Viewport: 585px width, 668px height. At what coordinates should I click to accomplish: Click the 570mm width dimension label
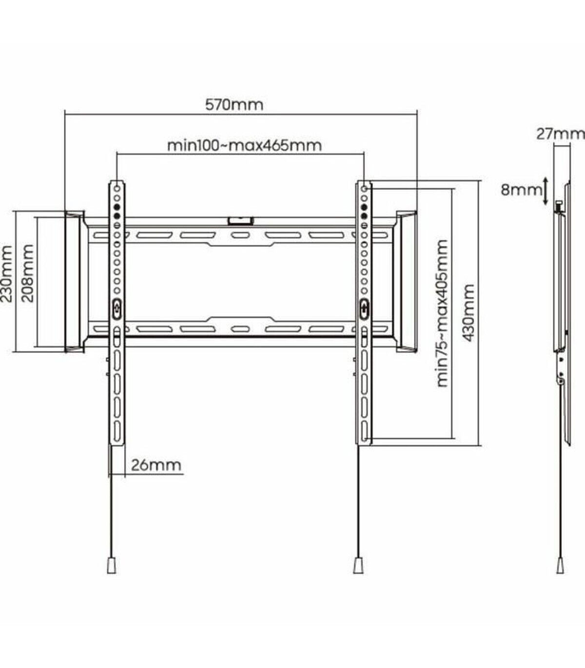coord(234,105)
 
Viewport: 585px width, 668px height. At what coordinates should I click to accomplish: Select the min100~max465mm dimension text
coord(244,146)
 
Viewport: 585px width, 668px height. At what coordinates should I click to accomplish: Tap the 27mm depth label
coord(560,134)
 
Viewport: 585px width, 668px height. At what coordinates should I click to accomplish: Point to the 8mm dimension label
coord(522,190)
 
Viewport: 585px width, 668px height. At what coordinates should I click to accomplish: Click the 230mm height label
coord(6,274)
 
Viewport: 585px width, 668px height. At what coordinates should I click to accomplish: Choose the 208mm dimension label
coord(27,274)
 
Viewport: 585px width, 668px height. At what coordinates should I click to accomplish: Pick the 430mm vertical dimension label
coord(469,313)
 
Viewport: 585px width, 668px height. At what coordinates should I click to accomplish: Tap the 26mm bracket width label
coord(156,465)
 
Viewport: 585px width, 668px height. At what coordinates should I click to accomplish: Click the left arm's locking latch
coord(117,309)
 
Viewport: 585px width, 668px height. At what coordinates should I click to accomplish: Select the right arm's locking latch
coord(364,308)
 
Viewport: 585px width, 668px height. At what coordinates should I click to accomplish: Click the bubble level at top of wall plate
coord(241,221)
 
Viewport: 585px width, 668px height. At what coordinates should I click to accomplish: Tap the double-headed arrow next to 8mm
coord(546,191)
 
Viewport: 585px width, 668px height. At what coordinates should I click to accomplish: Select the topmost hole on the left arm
coord(117,188)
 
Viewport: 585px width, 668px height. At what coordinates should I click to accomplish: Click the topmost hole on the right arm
coord(364,188)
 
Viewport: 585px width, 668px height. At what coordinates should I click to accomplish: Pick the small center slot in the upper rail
coord(240,235)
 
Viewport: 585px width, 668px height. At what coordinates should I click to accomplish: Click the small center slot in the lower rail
coord(240,329)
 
